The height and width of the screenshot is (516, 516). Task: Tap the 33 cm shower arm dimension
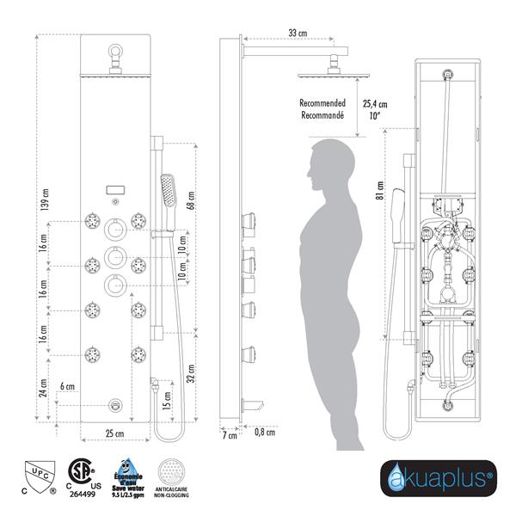pos(298,33)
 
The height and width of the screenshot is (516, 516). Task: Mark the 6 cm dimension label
pos(66,388)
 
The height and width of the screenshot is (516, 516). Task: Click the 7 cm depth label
pos(229,437)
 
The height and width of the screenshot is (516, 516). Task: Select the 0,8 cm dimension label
pos(266,432)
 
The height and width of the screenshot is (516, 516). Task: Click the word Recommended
pos(323,102)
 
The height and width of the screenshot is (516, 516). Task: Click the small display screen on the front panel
pos(114,190)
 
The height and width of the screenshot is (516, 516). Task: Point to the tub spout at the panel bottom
pos(115,404)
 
